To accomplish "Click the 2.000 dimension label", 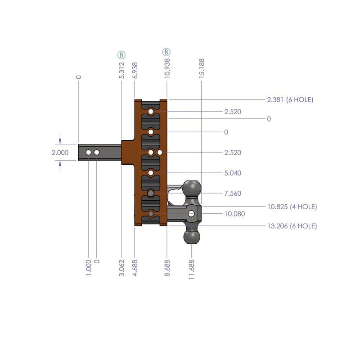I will [60, 153].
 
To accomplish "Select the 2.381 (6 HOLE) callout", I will [290, 100].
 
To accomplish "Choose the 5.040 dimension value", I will [233, 173].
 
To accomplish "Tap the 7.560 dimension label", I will [233, 193].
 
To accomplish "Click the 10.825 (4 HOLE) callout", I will [292, 207].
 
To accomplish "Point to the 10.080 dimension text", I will [234, 214].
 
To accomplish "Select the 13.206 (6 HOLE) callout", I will [292, 226].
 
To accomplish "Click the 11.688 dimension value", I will [192, 269].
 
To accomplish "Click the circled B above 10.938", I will [167, 52].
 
